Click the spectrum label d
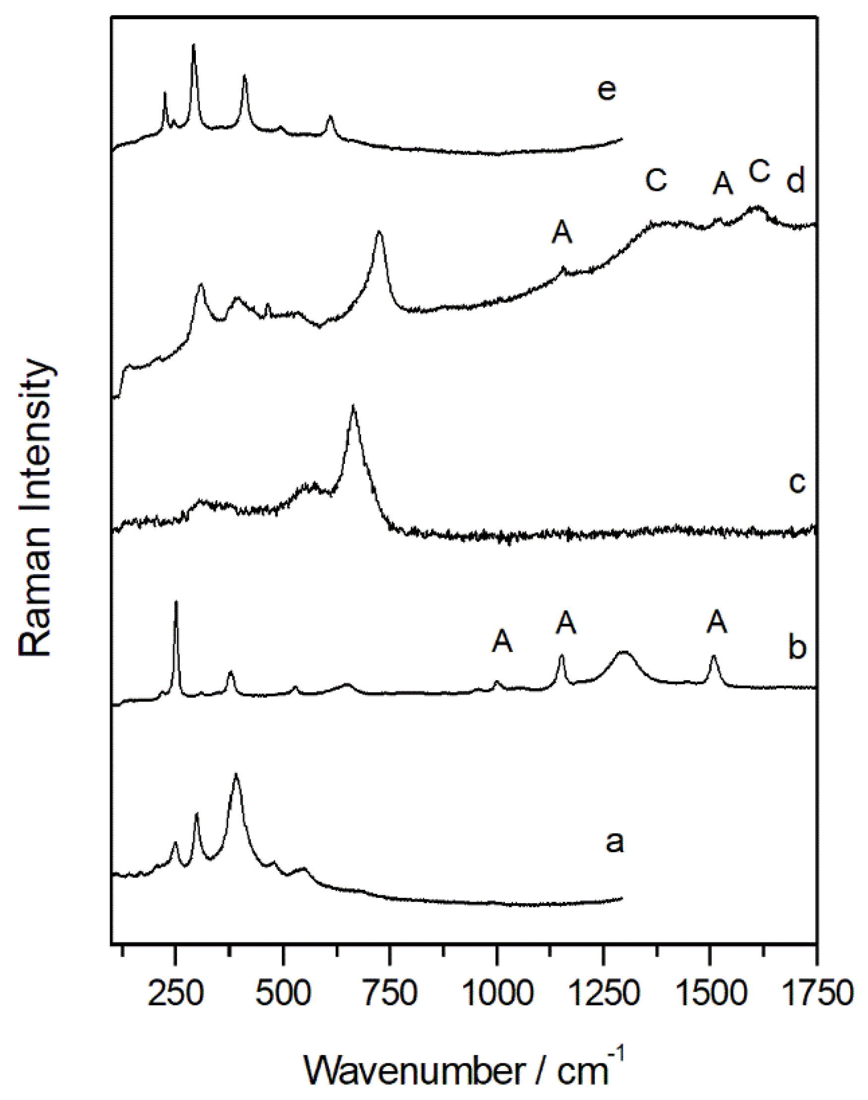coord(796,181)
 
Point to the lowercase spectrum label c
coord(797,483)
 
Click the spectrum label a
coord(615,843)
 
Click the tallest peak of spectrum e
coord(193,46)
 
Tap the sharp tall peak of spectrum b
coord(177,603)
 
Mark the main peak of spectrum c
coord(354,407)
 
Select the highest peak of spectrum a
coord(236,775)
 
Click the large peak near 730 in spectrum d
coord(378,232)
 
